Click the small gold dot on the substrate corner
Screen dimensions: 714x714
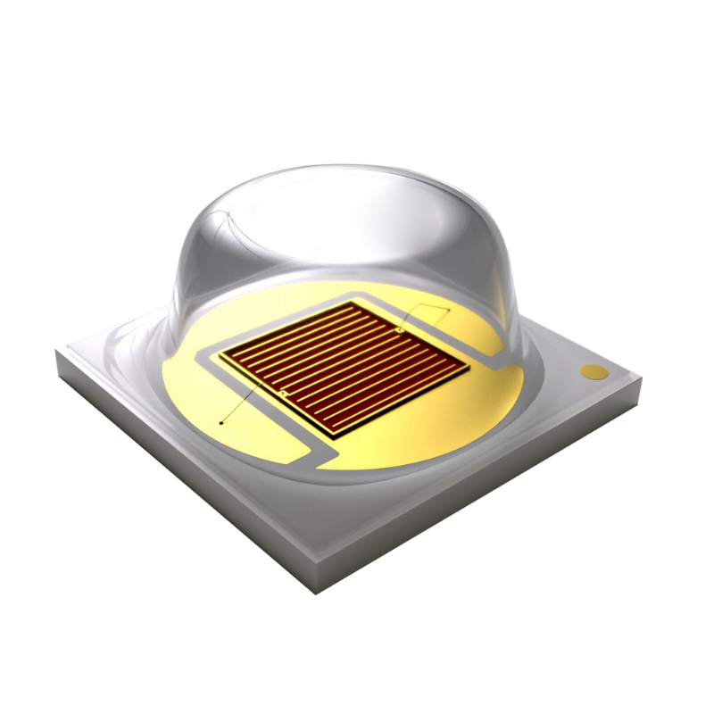tap(592, 370)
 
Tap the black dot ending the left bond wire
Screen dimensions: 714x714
tap(220, 421)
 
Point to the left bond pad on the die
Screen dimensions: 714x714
tap(283, 393)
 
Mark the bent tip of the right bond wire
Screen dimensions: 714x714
tap(444, 309)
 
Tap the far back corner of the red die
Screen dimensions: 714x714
tap(357, 302)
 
